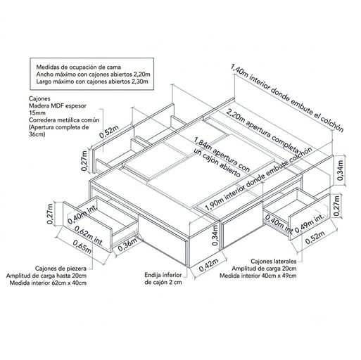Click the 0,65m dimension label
tap(82, 247)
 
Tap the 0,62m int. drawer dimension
tap(89, 235)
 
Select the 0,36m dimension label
tap(128, 245)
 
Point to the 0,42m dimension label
tap(209, 265)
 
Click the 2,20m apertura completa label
tap(262, 131)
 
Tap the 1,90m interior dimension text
tap(259, 179)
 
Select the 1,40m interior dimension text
tap(287, 98)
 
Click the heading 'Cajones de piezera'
tap(61, 268)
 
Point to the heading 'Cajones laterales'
tap(274, 261)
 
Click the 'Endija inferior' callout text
tap(163, 275)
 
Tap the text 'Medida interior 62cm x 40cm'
tap(48, 283)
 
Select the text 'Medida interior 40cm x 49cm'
tap(258, 276)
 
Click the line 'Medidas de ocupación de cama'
tap(79, 67)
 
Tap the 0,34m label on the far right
tap(341, 170)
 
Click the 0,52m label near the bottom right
tap(315, 238)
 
